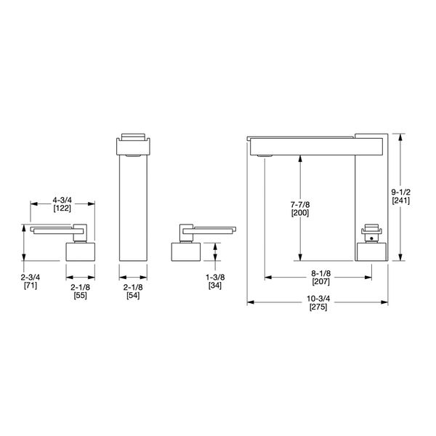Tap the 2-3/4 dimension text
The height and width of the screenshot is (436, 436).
30,277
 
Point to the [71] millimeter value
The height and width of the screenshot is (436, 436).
30,286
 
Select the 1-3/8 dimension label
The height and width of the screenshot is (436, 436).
215,277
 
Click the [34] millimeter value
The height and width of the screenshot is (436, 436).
215,286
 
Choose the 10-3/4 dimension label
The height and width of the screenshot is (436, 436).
318,298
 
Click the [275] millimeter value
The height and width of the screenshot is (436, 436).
318,307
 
